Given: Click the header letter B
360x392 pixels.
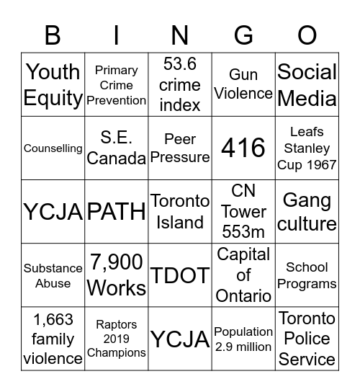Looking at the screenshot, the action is (x=53, y=35).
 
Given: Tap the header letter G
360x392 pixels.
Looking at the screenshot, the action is (x=243, y=35).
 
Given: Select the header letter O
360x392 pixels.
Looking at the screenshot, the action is (x=307, y=35).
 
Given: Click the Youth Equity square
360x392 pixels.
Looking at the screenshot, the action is (x=53, y=85).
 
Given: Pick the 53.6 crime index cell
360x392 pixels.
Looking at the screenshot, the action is (x=180, y=85).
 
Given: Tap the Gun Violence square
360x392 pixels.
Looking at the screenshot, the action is (x=243, y=85).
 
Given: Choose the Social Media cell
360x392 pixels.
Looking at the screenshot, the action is (x=307, y=85).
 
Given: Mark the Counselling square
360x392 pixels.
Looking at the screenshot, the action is (x=53, y=148).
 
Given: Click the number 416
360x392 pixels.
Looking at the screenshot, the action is (x=243, y=148).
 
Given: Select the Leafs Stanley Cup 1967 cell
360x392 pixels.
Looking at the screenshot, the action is (x=307, y=148).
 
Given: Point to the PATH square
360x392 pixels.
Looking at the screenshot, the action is (x=116, y=212).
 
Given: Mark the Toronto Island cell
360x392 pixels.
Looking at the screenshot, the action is (x=180, y=212).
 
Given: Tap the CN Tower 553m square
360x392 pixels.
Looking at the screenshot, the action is (x=243, y=212).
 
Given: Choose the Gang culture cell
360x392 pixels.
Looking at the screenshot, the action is (x=307, y=212).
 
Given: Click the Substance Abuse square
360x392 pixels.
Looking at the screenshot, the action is (x=53, y=275).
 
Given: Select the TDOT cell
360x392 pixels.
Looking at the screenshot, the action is (x=180, y=275).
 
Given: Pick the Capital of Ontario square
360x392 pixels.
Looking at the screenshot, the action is (x=243, y=275).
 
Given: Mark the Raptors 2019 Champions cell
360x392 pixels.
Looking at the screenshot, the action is (x=116, y=339).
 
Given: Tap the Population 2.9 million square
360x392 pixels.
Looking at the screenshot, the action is (x=243, y=339).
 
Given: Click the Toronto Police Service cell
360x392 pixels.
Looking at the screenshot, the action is (x=307, y=339).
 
